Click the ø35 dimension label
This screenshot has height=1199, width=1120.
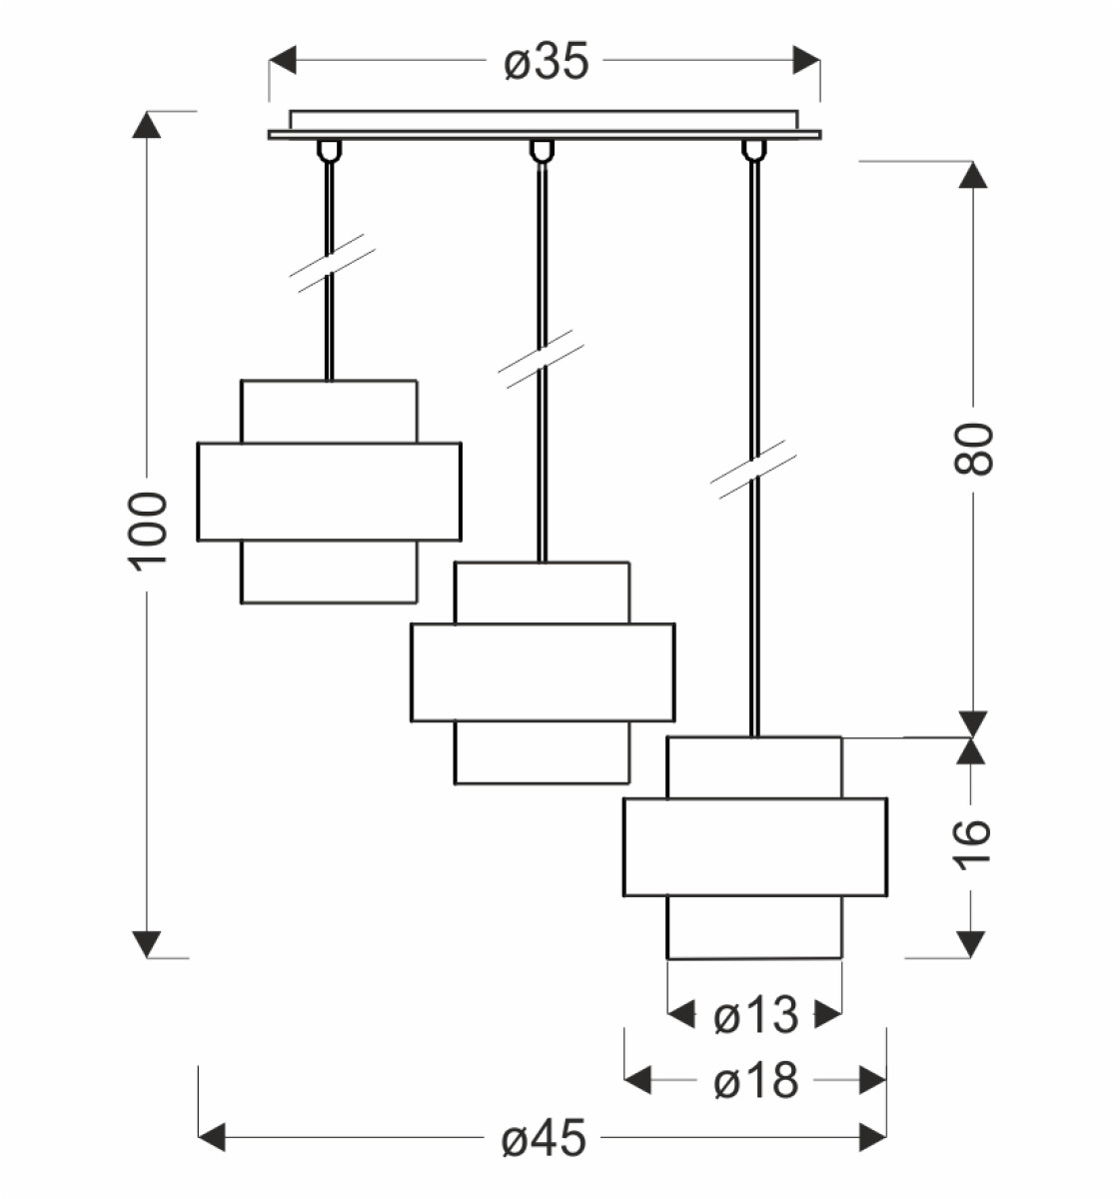pos(546,62)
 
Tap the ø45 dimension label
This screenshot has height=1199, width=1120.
pos(544,1137)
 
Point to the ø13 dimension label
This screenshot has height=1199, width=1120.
pos(756,1015)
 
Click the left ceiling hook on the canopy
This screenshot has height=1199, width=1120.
pos(329,150)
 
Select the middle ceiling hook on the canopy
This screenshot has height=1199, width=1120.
pos(542,150)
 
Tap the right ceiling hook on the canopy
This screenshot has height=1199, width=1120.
pos(754,150)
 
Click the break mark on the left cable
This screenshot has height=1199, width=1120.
pos(332,263)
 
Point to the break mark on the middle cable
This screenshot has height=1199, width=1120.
pos(541,359)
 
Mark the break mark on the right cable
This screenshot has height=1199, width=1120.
pos(753,470)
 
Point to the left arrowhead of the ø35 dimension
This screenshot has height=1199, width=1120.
pos(282,60)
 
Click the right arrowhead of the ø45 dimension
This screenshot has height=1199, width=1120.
pos(873,1137)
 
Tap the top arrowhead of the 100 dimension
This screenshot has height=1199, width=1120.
pos(147,124)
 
